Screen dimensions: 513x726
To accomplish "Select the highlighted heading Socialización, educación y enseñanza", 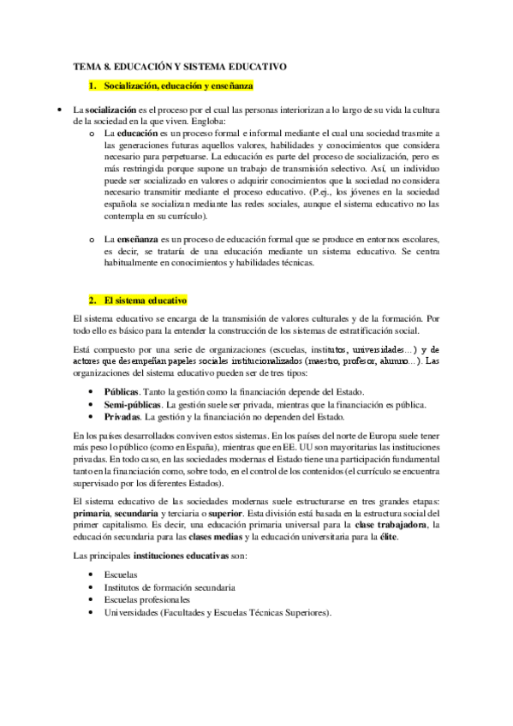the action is coord(177,86).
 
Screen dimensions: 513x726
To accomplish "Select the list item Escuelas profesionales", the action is coord(150,600).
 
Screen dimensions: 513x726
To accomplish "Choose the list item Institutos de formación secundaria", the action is coord(170,587).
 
